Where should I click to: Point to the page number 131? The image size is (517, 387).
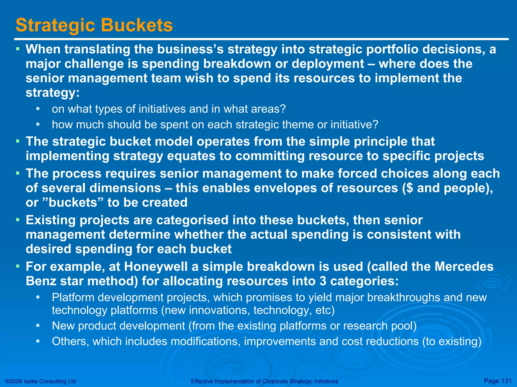pyautogui.click(x=506, y=381)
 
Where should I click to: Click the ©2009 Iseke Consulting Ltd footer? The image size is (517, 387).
pyautogui.click(x=40, y=381)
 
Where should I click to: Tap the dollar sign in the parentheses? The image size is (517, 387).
pyautogui.click(x=410, y=188)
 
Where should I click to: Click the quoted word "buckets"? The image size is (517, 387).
pyautogui.click(x=72, y=202)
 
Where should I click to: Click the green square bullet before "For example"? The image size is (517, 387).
pyautogui.click(x=17, y=266)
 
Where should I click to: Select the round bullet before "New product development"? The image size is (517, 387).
pyautogui.click(x=38, y=326)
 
